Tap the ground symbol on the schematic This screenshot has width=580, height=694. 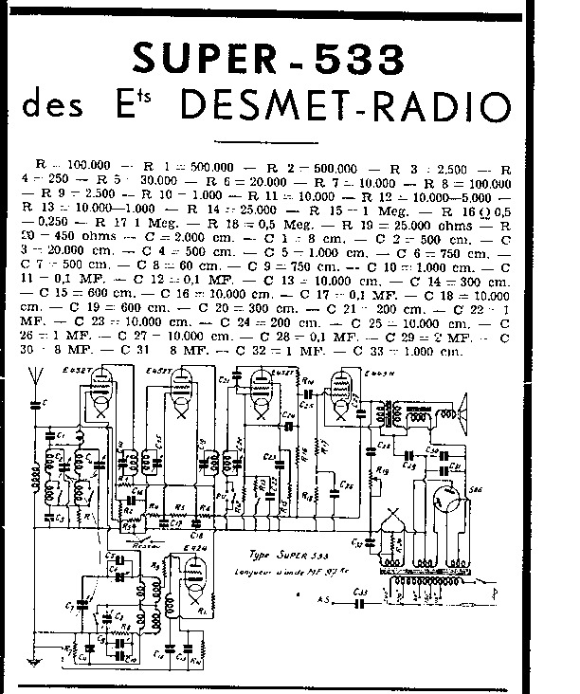34,658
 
